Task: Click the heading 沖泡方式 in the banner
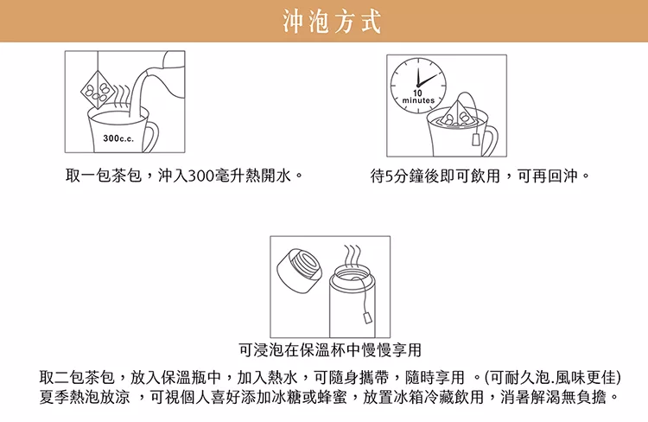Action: point(332,22)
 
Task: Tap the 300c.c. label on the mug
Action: point(118,138)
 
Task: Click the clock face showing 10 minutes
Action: point(418,86)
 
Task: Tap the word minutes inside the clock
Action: point(418,100)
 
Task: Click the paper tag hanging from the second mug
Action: point(476,139)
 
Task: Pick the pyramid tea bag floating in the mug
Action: point(458,112)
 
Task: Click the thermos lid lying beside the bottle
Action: point(296,270)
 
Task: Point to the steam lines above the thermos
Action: point(353,255)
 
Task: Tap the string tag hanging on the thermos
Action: point(367,317)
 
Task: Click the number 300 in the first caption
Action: point(200,176)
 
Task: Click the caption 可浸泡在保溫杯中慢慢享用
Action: point(330,350)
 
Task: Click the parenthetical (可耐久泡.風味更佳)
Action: point(553,377)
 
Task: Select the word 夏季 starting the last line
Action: point(54,397)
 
